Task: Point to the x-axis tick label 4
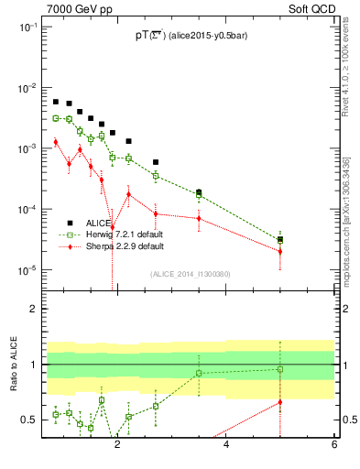pos(226,447)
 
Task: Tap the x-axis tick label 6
pos(334,447)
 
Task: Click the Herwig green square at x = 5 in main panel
pos(280,240)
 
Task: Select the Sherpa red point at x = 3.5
pos(199,218)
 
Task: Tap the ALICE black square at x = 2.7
pos(156,162)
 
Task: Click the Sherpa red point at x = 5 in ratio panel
pos(280,401)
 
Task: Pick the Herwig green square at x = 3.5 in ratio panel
pos(199,373)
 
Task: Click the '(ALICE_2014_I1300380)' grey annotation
pos(189,274)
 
